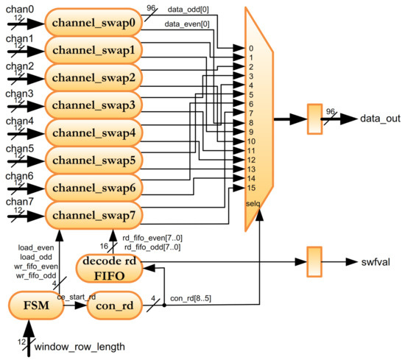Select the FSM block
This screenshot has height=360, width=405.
(x=35, y=306)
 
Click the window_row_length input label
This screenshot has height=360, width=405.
(x=79, y=346)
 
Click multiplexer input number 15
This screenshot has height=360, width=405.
(x=251, y=188)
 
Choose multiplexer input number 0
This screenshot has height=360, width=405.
(x=251, y=49)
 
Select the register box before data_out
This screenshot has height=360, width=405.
(x=314, y=118)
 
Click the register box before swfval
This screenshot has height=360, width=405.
(x=314, y=261)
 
